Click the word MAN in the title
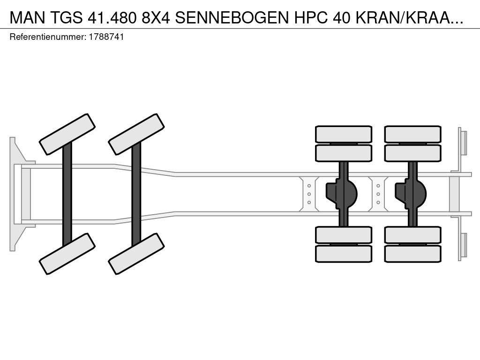(x=27, y=18)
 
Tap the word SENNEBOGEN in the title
(x=232, y=18)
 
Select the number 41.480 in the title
(x=112, y=18)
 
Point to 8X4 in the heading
(x=156, y=18)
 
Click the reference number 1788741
(x=106, y=37)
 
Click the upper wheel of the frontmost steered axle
(x=67, y=134)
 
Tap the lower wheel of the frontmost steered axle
(x=67, y=254)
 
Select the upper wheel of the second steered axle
(x=136, y=134)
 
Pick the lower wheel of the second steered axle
(x=136, y=254)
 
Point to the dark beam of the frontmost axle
(x=67, y=194)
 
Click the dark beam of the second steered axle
(x=136, y=194)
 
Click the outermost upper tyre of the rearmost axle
(x=413, y=134)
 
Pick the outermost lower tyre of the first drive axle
(x=344, y=254)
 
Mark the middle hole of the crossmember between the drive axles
(x=378, y=194)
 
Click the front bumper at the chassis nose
(x=12, y=194)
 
